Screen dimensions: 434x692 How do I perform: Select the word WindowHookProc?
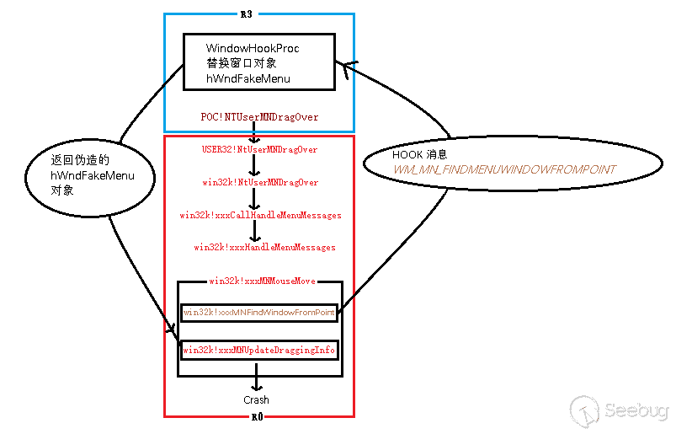click(x=252, y=48)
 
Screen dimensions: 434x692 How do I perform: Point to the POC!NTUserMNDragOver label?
click(x=259, y=117)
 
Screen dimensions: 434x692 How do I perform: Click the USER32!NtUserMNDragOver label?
click(x=259, y=149)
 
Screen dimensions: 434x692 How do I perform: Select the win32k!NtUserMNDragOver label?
click(x=260, y=182)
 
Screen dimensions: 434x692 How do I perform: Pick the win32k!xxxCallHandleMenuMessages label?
click(x=260, y=215)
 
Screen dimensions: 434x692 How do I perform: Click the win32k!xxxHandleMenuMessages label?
click(x=264, y=247)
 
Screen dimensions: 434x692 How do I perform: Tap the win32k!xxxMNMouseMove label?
click(x=261, y=281)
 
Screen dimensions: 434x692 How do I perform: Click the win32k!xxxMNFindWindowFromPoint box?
click(x=259, y=313)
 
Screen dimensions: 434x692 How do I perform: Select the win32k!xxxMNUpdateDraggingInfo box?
click(x=259, y=349)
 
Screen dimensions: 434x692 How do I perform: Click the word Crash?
click(x=257, y=399)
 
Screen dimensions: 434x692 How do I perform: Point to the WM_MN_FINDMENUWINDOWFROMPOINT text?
click(x=503, y=169)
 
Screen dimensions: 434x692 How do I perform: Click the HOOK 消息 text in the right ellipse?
click(x=419, y=155)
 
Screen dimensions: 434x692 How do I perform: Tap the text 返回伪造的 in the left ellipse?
click(x=80, y=160)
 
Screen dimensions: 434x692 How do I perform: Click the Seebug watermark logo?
click(x=620, y=410)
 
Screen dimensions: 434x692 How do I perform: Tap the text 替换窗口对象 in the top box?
click(x=241, y=63)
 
